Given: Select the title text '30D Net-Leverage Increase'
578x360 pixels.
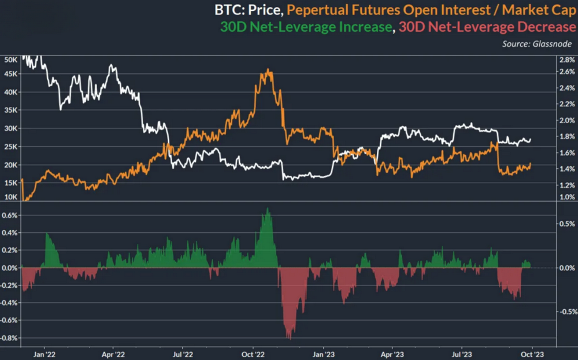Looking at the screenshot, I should click(306, 27).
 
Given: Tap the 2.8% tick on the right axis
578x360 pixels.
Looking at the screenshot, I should click(565, 60).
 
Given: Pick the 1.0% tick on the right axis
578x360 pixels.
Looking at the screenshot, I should click(565, 198).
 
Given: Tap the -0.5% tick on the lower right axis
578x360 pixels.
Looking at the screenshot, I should click(565, 312).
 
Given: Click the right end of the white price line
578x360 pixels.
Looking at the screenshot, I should click(531, 139).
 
